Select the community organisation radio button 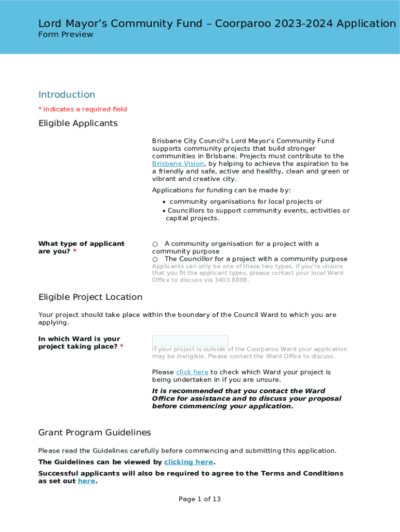(x=155, y=244)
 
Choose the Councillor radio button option (x=155, y=259)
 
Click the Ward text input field (x=190, y=341)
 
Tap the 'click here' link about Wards (x=192, y=373)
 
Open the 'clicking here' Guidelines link (x=189, y=462)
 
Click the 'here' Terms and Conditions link (x=87, y=482)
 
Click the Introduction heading (x=67, y=95)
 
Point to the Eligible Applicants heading (x=78, y=123)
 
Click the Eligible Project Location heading (x=90, y=297)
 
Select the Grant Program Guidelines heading (x=95, y=433)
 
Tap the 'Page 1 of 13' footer (x=200, y=499)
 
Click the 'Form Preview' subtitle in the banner (x=66, y=35)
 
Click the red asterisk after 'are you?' (x=75, y=251)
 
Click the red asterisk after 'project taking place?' (x=122, y=347)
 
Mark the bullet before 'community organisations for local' (x=164, y=202)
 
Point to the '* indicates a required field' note (x=83, y=109)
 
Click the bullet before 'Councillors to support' (x=164, y=211)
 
